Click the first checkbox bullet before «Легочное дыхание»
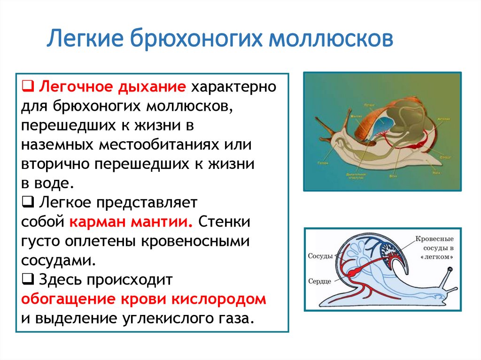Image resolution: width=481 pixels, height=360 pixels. (27, 87)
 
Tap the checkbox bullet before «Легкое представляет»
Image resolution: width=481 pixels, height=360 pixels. (27, 202)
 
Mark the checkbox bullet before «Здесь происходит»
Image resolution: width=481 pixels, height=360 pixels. (27, 280)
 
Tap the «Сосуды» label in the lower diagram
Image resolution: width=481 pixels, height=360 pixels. (320, 256)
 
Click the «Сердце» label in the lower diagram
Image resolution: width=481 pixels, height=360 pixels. (320, 281)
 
